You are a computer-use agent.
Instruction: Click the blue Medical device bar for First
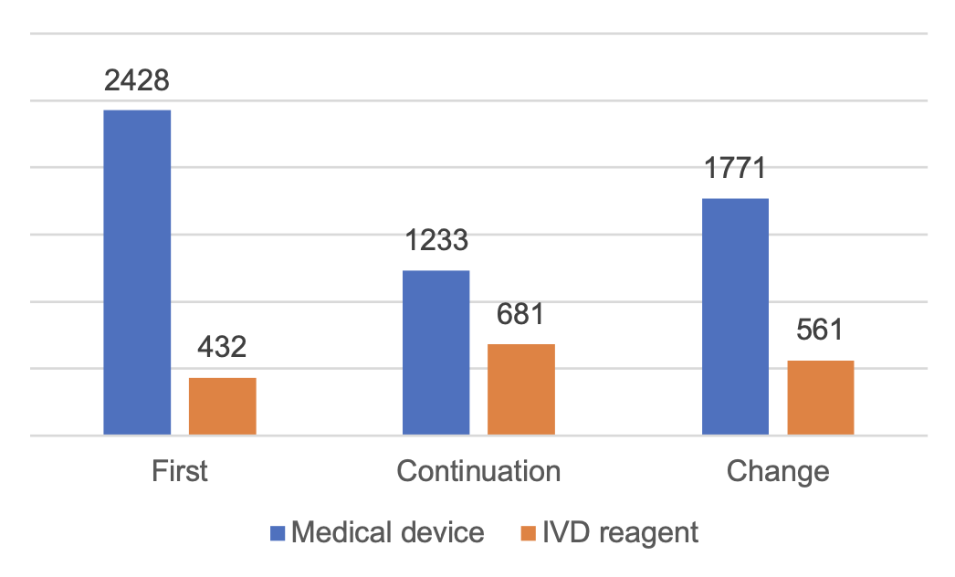137,272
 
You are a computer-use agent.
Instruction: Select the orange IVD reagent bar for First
222,406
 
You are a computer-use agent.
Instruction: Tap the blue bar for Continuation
436,352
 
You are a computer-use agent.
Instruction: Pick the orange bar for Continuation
520,389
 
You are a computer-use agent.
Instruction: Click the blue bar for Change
735,317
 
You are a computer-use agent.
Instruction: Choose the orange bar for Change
820,397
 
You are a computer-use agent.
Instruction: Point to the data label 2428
137,80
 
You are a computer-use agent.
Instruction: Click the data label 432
222,348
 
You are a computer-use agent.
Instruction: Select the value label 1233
436,241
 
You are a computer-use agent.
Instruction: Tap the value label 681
520,314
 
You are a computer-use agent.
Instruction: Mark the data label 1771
735,169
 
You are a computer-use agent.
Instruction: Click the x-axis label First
179,471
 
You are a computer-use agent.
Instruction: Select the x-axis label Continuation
478,471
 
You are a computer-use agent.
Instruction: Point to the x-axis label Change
778,471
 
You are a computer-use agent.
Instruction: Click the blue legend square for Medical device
278,532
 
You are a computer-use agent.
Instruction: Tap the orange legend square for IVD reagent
528,532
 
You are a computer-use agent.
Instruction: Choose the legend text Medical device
388,532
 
